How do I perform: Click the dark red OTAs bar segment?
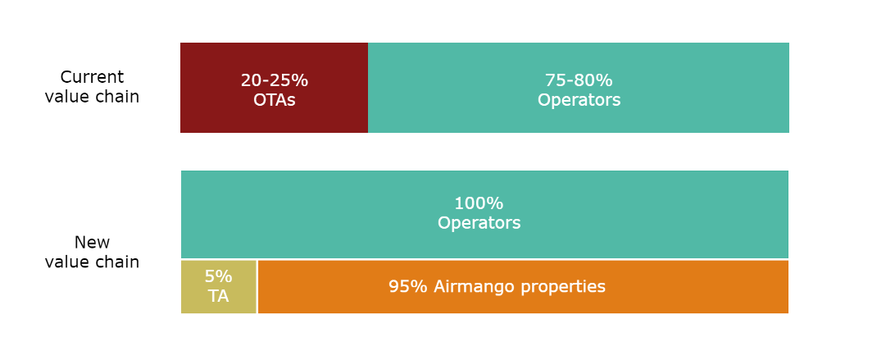(x=274, y=88)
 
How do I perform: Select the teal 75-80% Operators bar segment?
(x=579, y=88)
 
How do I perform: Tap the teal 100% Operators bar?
(x=484, y=214)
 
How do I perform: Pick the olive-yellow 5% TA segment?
(x=219, y=287)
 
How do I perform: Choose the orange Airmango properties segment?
(x=523, y=287)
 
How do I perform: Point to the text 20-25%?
(x=274, y=80)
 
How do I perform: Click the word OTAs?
(x=274, y=100)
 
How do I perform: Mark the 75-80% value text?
(x=579, y=80)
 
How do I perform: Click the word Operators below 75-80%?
(x=579, y=101)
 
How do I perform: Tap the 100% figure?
(x=479, y=203)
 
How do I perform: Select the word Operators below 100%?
(x=479, y=223)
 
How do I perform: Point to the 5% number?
(x=219, y=276)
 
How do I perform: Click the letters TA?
(x=219, y=296)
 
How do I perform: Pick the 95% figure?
(x=408, y=286)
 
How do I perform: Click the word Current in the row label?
(x=92, y=77)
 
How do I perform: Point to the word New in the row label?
(x=92, y=243)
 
